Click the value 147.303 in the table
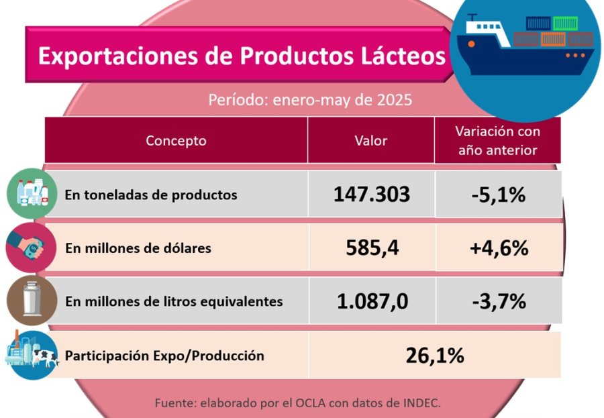pyautogui.click(x=371, y=195)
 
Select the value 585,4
pyautogui.click(x=372, y=248)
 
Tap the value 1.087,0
pyautogui.click(x=372, y=301)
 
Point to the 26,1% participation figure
pyautogui.click(x=435, y=355)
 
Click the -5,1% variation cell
pyautogui.click(x=498, y=195)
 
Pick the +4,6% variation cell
pyautogui.click(x=499, y=248)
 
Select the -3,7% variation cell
pyautogui.click(x=498, y=301)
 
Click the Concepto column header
pyautogui.click(x=176, y=141)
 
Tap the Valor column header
pyautogui.click(x=370, y=141)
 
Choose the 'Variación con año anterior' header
pyautogui.click(x=497, y=141)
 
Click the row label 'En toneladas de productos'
pyautogui.click(x=151, y=195)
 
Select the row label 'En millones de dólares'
pyautogui.click(x=138, y=248)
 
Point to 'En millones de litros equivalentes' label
pyautogui.click(x=174, y=302)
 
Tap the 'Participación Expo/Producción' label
pyautogui.click(x=164, y=356)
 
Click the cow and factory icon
pyautogui.click(x=30, y=355)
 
